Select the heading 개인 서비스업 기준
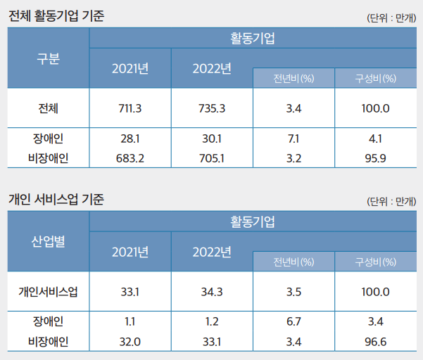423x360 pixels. coord(56,200)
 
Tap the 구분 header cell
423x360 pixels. coord(47,58)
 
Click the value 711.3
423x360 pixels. coord(130,108)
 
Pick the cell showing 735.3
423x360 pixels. coord(211,108)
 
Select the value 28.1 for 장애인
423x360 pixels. coord(130,139)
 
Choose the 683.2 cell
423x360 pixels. coord(130,158)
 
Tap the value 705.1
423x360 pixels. coord(211,158)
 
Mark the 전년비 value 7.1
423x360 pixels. coord(293,139)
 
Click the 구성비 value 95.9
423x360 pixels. coord(376,158)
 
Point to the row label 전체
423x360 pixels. coord(48,108)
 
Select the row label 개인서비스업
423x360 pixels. coord(48,292)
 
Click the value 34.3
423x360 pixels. coord(211,292)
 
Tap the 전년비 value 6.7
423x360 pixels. coord(293,322)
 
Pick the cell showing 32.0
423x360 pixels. coord(130,342)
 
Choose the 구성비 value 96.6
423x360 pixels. coord(376,342)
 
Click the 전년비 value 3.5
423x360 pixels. coord(293,292)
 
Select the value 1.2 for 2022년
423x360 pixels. coord(211,322)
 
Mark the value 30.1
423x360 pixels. coord(211,139)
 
